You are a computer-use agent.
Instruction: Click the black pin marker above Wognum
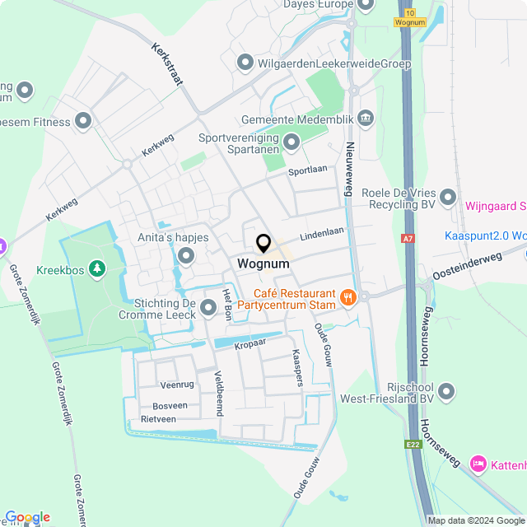[x=263, y=244]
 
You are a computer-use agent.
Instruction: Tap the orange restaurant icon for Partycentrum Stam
[x=348, y=297]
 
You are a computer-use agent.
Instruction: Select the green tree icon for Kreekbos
[x=98, y=268]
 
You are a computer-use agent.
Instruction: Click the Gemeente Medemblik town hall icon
[x=366, y=120]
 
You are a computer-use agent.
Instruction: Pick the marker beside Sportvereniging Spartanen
[x=291, y=143]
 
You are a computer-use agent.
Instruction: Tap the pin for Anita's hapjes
[x=185, y=257]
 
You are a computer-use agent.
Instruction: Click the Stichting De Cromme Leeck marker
[x=208, y=309]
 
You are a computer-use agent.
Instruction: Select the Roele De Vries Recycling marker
[x=448, y=197]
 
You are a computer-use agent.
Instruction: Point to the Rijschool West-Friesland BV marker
[x=447, y=391]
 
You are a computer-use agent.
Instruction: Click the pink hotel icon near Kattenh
[x=478, y=464]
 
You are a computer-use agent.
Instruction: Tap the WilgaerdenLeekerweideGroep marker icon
[x=245, y=63]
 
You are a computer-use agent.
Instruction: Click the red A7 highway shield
[x=408, y=239]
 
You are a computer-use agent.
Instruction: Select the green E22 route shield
[x=413, y=445]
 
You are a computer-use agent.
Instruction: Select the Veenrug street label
[x=176, y=385]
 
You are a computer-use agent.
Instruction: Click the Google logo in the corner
[x=26, y=516]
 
